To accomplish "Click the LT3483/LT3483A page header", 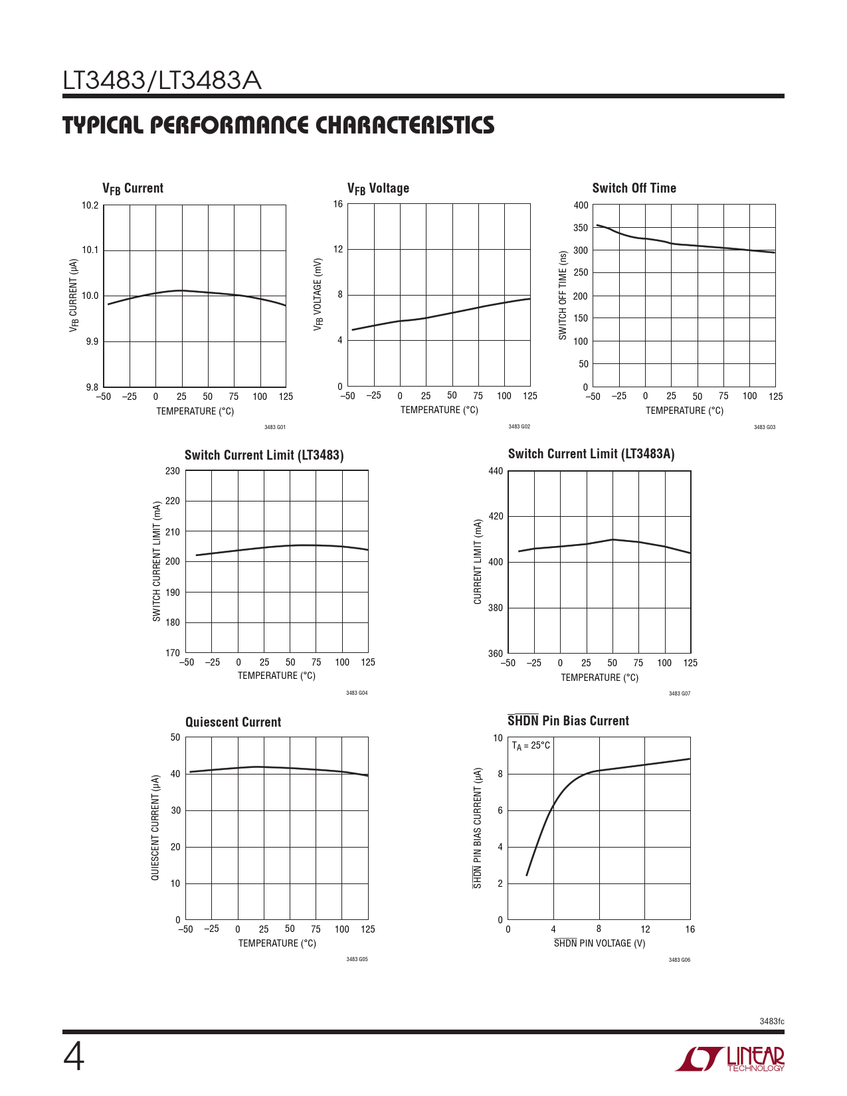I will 162,81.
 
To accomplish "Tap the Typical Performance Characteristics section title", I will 278,126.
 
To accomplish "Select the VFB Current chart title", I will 133,189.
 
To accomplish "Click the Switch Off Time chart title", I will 634,188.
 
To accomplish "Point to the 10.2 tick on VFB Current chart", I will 90,205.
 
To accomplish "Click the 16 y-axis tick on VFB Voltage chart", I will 338,204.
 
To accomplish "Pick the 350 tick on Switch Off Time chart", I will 581,228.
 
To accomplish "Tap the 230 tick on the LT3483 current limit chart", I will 173,471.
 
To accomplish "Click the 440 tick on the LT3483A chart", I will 496,471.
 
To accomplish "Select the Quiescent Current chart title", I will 233,722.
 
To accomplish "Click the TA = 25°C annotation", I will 531,746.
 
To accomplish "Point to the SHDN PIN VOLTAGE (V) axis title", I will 599,943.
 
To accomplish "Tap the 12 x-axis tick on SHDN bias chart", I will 645,929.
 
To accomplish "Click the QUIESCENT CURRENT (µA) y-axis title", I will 155,828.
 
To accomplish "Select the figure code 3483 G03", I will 764,427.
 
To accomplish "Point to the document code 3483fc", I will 771,1021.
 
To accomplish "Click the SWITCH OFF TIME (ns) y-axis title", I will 563,296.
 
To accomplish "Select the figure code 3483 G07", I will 679,693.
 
